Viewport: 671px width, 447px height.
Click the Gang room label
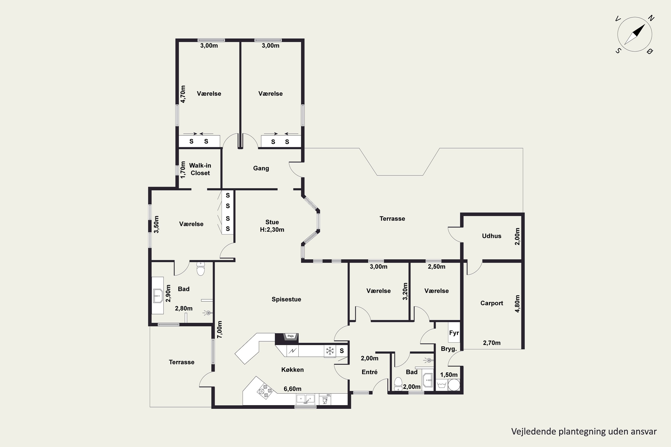[261, 168]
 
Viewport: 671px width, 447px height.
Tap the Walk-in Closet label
[200, 169]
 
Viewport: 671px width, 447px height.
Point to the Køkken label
[292, 370]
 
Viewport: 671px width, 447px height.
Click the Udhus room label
[492, 236]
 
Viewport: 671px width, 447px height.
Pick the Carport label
[492, 303]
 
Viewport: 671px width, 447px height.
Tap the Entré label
[369, 372]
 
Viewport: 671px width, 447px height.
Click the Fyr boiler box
[454, 332]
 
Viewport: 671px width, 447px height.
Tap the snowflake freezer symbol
[330, 351]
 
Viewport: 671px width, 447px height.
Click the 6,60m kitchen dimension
[292, 389]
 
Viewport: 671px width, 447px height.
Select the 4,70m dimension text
[183, 94]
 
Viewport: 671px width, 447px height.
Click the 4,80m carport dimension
[517, 304]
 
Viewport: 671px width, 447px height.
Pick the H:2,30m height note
[272, 230]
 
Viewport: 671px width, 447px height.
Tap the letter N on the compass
[651, 18]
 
